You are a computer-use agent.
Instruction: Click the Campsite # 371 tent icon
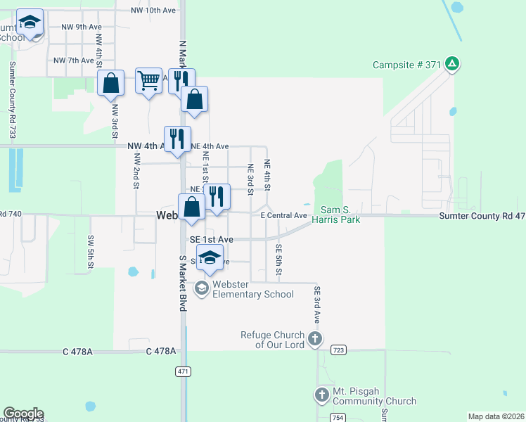tap(452, 65)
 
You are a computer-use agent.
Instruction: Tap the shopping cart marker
tap(148, 82)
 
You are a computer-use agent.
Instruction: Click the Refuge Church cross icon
tap(314, 339)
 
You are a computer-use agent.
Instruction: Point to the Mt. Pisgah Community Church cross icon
tap(322, 395)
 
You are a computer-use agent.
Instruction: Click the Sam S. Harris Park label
tap(340, 215)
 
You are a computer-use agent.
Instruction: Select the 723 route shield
tap(339, 350)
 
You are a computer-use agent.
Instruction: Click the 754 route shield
tap(338, 418)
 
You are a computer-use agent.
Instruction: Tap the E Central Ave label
tap(284, 215)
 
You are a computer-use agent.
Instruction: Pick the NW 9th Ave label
tap(82, 27)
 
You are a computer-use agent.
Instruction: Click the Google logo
tap(23, 414)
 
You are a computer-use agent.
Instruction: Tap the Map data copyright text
tap(496, 416)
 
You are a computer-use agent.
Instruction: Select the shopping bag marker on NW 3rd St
tap(111, 84)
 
